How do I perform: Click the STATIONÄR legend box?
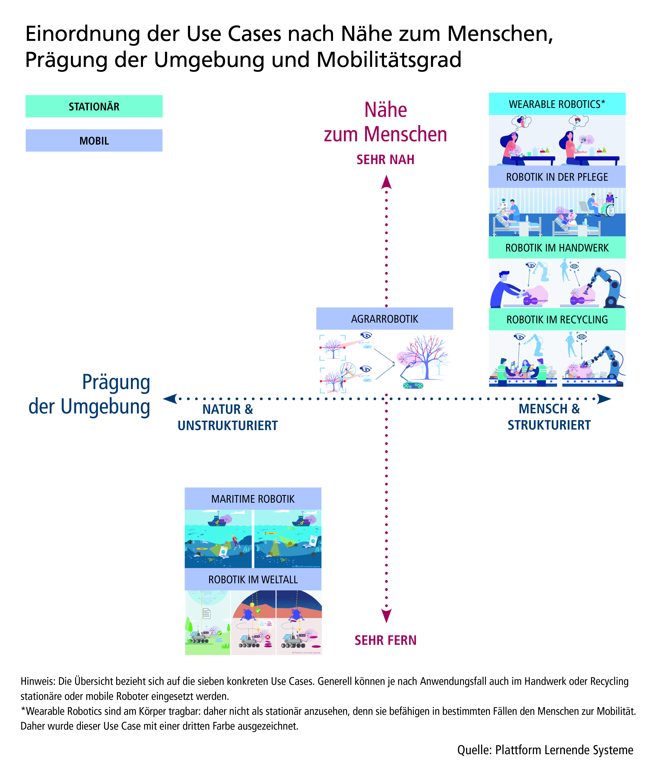tap(94, 106)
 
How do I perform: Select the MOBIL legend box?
tap(94, 140)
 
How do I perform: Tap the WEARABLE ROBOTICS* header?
tap(557, 104)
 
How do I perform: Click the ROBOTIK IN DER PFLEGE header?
tap(557, 177)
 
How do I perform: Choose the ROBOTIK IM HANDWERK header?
tap(557, 248)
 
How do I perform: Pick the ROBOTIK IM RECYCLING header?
tap(557, 319)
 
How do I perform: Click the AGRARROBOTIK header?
tap(384, 319)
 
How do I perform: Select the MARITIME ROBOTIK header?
tap(253, 499)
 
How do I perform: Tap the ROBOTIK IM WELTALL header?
tap(253, 579)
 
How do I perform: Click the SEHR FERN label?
tap(386, 640)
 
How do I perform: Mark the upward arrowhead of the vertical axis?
tap(386, 182)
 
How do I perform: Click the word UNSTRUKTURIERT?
tap(228, 425)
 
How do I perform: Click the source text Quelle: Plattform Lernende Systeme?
tap(545, 750)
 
